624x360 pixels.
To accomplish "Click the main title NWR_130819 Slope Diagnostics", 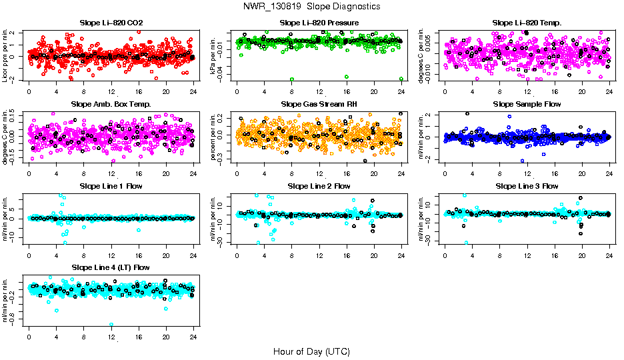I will click(312, 6).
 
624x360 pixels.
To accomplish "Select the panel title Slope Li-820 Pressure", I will click(319, 23).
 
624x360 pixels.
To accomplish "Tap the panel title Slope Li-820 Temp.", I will click(527, 23).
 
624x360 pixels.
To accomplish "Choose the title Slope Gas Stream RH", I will click(319, 104).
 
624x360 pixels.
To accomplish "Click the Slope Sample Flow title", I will click(527, 104).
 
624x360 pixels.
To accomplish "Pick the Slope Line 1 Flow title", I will click(111, 186).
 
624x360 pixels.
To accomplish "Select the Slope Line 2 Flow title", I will click(319, 186).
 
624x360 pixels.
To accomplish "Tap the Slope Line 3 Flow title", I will click(527, 186).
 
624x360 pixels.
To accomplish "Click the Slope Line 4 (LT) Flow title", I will click(111, 267).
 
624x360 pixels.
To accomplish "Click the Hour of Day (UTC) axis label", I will click(311, 351).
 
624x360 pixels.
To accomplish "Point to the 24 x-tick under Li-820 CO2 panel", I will click(193, 92).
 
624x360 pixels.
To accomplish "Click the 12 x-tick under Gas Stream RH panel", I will click(319, 173).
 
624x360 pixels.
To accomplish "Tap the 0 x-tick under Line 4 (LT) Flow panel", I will click(29, 337).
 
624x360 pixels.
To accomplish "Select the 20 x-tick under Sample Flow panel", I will click(582, 173).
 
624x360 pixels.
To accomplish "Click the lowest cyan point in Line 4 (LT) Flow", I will click(111, 325).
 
